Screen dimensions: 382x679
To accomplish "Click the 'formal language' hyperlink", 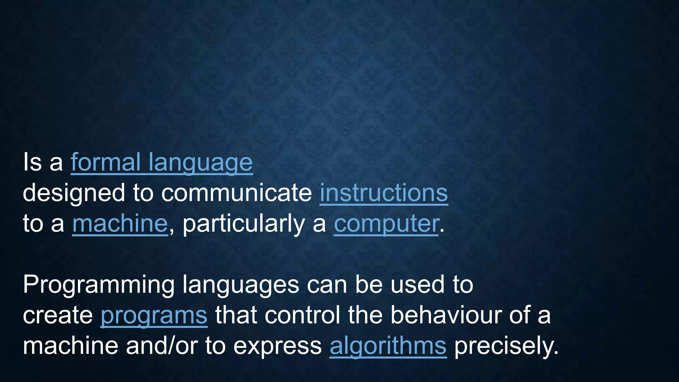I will [162, 162].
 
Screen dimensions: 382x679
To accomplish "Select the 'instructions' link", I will [384, 193].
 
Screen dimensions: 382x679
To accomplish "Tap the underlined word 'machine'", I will [120, 223].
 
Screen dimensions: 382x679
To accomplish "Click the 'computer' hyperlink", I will [386, 223].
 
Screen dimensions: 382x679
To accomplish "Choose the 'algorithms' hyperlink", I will [388, 346].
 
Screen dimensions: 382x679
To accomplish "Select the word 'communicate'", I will [236, 193].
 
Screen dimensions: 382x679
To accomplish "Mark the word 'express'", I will [278, 346].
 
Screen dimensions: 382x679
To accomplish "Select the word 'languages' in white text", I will [241, 285].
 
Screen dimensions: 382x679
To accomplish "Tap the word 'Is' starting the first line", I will [32, 162].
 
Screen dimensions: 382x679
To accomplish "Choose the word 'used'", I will [417, 285].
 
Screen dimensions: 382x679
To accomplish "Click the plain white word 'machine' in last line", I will [70, 346].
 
